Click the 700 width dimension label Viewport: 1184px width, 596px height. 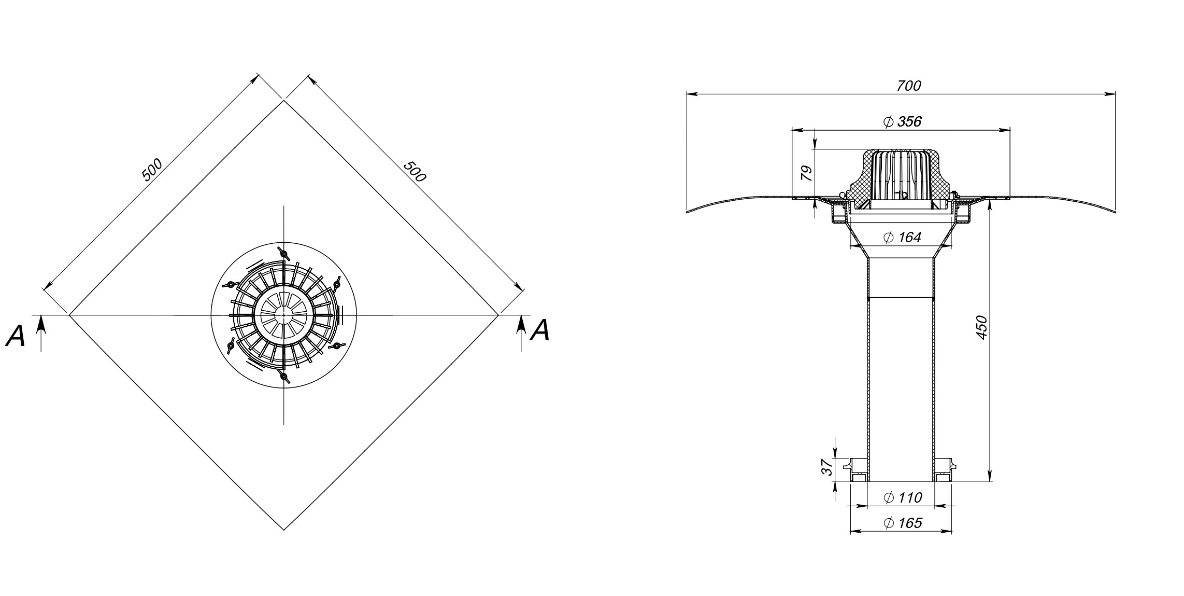(909, 86)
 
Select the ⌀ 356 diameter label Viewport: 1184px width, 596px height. (902, 122)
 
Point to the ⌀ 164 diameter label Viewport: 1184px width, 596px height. (902, 238)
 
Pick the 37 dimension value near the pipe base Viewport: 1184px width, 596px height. (827, 467)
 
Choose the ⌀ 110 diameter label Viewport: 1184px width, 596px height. (902, 498)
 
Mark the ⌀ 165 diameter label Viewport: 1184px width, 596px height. (902, 523)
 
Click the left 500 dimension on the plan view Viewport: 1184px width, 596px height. (152, 170)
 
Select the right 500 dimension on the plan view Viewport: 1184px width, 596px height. (415, 171)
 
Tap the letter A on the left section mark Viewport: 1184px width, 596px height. (16, 336)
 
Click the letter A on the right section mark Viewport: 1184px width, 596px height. (540, 330)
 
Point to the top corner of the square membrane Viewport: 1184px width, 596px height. (284, 101)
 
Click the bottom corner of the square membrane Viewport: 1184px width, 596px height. (284, 530)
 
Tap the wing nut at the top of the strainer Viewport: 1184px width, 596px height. (283, 254)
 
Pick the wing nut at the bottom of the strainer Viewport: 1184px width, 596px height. (283, 376)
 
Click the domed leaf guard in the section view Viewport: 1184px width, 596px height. (902, 176)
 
